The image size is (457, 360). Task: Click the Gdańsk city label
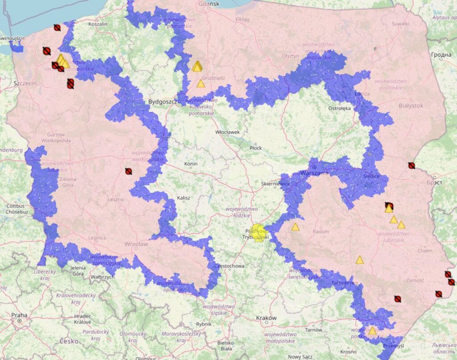[x=208, y=4]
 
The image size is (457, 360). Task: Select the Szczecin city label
[x=24, y=83]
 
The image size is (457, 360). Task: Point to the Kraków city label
[x=266, y=318]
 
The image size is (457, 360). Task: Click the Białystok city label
[x=411, y=105]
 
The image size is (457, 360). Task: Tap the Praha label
[x=19, y=315]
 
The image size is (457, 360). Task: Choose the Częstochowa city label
[x=229, y=266]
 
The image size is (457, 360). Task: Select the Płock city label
[x=256, y=147]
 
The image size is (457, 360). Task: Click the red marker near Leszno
[x=129, y=171]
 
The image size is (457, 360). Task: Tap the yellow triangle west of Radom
[x=295, y=227]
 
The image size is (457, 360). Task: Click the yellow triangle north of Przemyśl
[x=372, y=331]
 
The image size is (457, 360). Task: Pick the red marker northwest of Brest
[x=411, y=165]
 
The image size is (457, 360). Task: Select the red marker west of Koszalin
[x=57, y=28]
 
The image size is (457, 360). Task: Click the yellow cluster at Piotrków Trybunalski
[x=258, y=233]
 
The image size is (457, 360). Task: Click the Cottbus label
[x=15, y=206]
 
